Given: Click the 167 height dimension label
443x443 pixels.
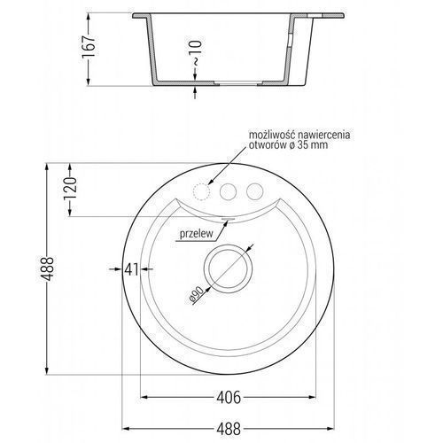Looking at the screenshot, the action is click(89, 46).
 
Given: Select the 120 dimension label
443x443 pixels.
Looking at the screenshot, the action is click(70, 189).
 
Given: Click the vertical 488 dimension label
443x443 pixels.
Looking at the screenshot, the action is click(48, 268).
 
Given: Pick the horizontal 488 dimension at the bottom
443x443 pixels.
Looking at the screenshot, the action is click(229, 429).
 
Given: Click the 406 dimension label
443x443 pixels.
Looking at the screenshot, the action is click(229, 398).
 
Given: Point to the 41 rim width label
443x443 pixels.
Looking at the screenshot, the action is click(131, 269).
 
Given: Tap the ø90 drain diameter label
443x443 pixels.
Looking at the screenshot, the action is click(197, 295).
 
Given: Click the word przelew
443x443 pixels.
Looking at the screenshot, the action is click(197, 234).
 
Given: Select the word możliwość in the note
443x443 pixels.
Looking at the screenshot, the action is click(272, 136).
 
